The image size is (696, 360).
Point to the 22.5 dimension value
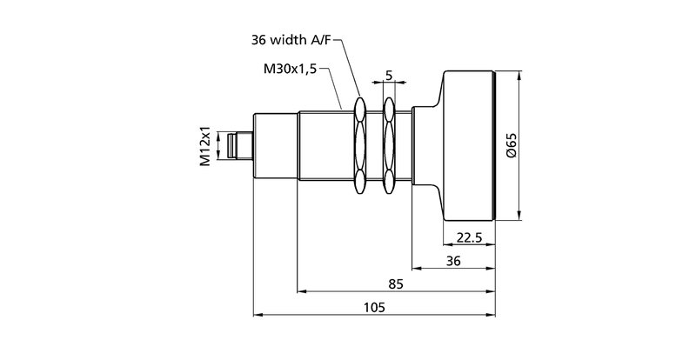470,237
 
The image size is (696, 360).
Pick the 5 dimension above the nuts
390,75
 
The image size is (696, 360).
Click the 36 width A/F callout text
291,40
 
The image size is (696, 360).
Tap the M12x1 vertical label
205,145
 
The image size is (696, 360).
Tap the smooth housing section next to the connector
275,145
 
